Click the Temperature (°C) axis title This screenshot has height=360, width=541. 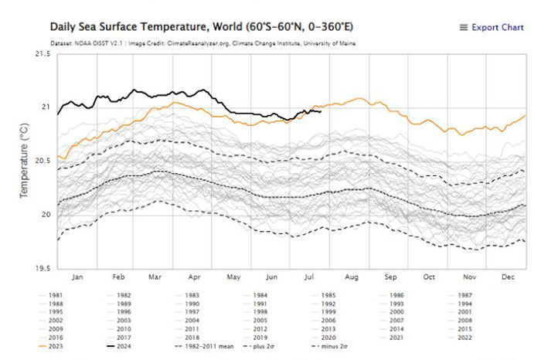[22, 161]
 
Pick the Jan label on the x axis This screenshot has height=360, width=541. [77, 276]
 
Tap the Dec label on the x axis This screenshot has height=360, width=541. [508, 276]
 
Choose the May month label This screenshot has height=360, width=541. [233, 276]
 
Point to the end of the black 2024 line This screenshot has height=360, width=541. [321, 111]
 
